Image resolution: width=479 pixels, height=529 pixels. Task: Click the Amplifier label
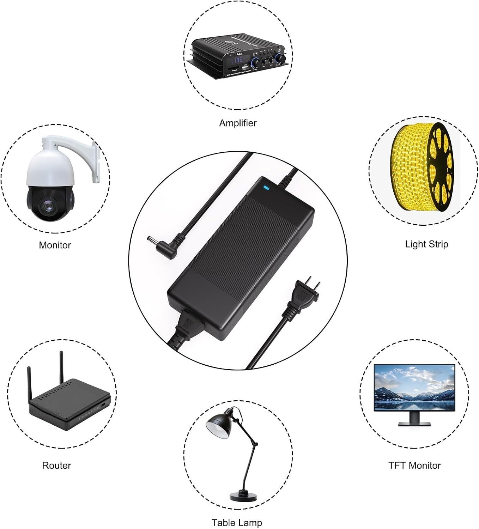[238, 123]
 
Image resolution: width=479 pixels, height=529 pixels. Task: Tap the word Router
[56, 465]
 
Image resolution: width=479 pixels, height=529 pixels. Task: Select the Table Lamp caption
[237, 522]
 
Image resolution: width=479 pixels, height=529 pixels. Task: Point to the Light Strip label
[426, 244]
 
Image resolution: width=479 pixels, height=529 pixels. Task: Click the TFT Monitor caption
[414, 465]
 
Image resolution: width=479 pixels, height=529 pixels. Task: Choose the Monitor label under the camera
[55, 245]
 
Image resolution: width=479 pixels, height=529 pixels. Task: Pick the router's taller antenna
[61, 367]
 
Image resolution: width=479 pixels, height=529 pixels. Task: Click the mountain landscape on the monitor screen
[414, 388]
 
